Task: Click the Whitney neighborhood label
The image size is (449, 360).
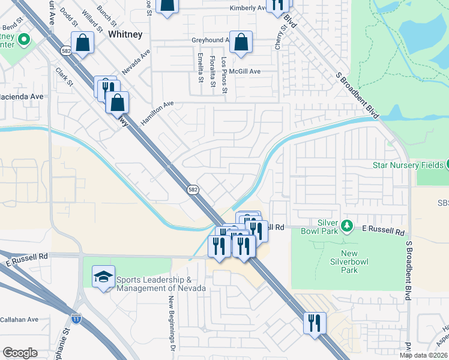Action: tap(125, 35)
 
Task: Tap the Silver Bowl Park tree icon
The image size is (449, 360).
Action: tap(346, 226)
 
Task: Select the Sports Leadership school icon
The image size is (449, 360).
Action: tap(103, 278)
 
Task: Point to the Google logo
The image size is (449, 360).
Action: tap(20, 353)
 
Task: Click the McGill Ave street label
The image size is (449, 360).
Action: tap(247, 71)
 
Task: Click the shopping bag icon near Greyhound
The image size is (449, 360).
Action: tap(241, 43)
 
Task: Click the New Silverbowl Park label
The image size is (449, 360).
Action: tap(349, 262)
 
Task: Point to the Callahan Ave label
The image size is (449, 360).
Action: tap(19, 320)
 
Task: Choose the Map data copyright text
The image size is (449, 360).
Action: tap(423, 355)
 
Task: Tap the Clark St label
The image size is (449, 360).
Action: tap(64, 76)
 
